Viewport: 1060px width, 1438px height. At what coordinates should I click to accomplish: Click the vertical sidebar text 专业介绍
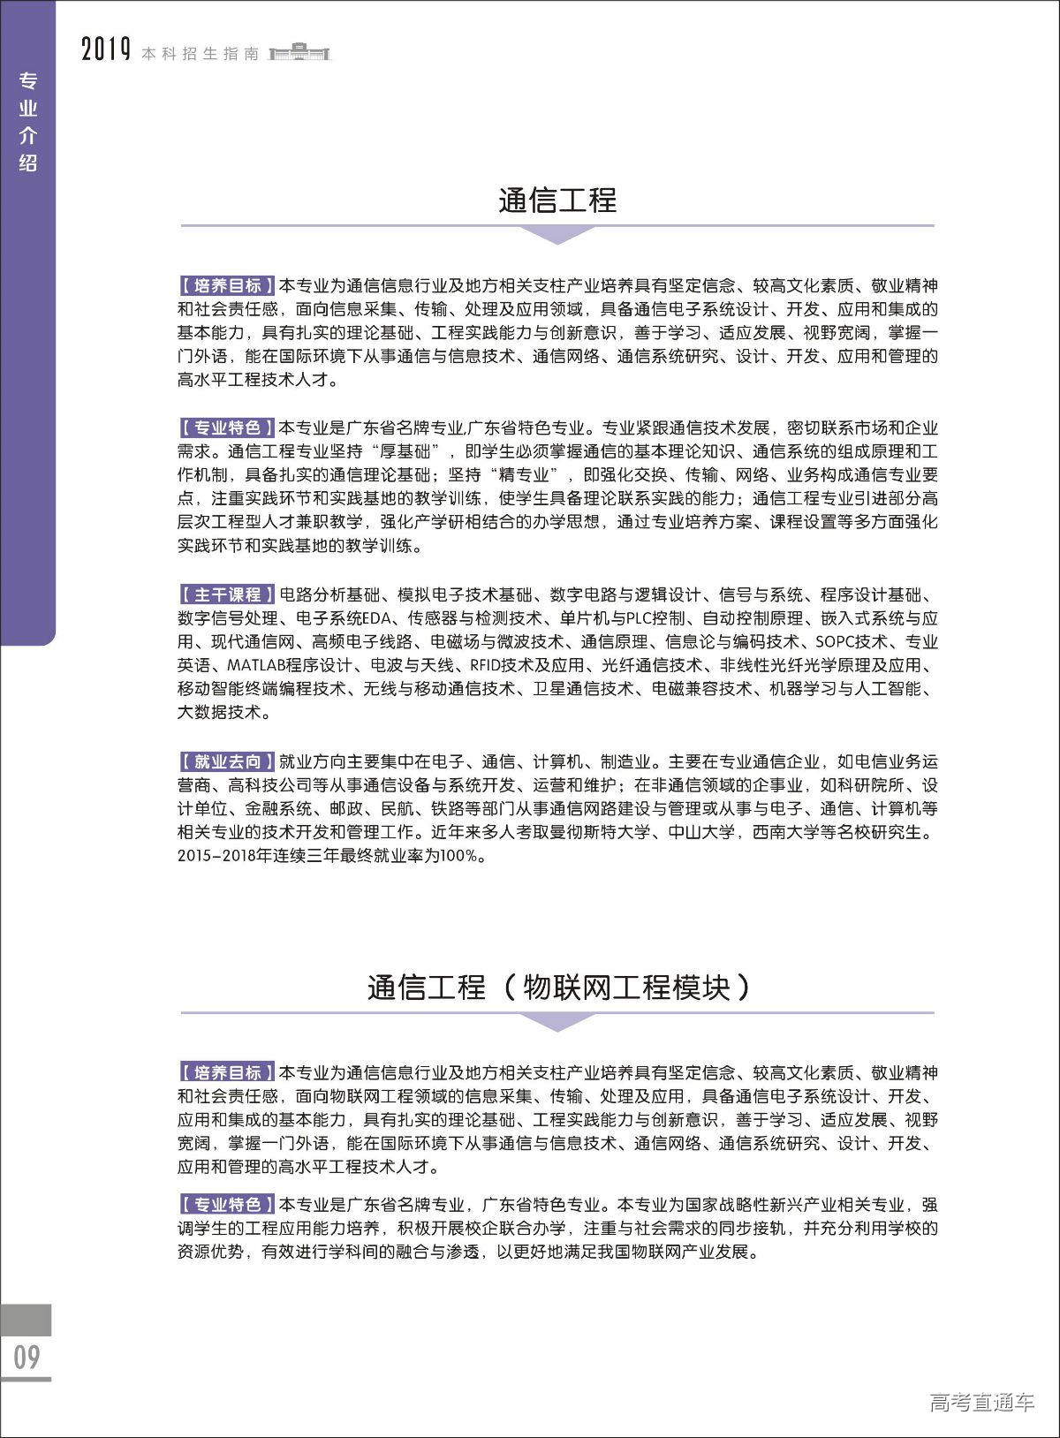click(x=28, y=122)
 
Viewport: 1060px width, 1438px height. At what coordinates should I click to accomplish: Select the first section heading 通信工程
click(x=557, y=201)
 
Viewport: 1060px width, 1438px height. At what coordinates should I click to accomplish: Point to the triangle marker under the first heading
click(x=557, y=234)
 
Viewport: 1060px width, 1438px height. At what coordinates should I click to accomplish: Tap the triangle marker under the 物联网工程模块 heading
click(x=557, y=1021)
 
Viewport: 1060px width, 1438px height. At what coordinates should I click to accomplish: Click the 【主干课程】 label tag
click(x=227, y=594)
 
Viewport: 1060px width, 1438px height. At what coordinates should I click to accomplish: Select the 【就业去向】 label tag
click(x=227, y=761)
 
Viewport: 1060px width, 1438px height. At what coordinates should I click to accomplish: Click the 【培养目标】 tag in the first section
click(x=227, y=285)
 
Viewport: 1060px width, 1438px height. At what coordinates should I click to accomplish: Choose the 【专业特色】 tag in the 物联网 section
click(x=227, y=1205)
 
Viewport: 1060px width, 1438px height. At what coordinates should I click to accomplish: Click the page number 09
click(x=26, y=1356)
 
